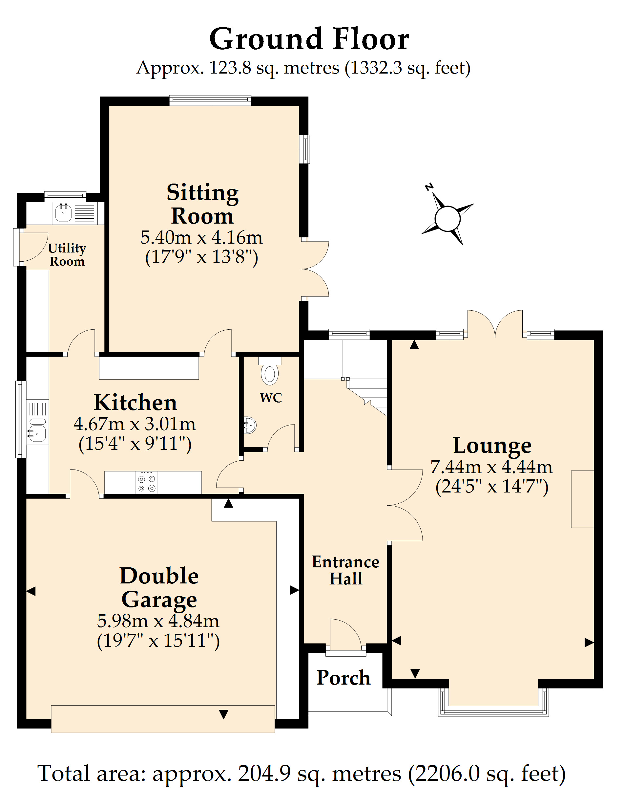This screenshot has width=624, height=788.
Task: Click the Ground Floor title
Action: (309, 39)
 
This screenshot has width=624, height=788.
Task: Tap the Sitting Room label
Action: (202, 204)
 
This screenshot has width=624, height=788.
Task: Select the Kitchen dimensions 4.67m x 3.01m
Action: (135, 424)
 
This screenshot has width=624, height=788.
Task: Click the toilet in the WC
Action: (269, 371)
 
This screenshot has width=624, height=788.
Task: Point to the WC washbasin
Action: (250, 425)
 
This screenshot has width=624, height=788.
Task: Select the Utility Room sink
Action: (64, 212)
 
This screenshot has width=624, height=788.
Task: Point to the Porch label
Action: (343, 678)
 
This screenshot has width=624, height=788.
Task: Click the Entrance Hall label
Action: (345, 570)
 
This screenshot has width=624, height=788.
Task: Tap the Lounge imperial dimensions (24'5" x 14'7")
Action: (492, 487)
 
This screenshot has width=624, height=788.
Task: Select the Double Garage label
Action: (159, 588)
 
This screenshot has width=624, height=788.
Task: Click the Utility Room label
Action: (67, 255)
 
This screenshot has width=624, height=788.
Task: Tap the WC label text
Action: (271, 398)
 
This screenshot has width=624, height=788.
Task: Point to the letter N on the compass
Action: (429, 187)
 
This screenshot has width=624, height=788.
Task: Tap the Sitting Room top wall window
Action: (210, 100)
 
